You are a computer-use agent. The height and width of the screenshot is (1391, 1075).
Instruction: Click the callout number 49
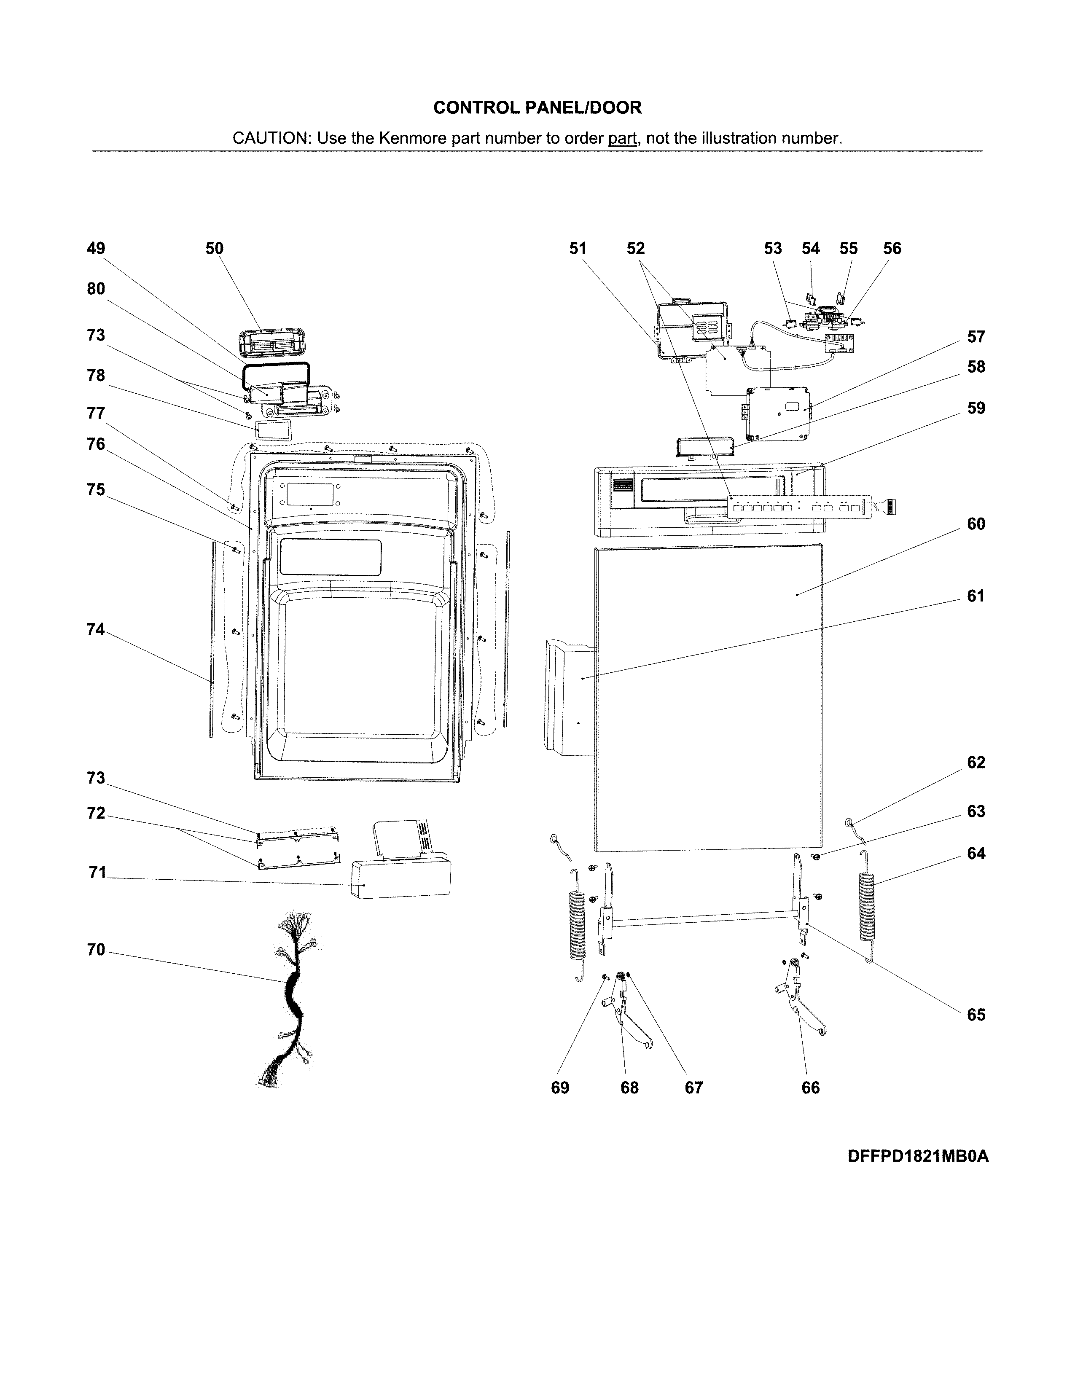pos(96,248)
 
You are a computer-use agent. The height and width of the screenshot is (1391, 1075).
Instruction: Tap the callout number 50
pos(214,248)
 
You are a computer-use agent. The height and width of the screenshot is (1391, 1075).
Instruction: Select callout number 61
pos(976,596)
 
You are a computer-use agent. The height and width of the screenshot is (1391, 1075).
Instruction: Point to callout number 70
pos(96,950)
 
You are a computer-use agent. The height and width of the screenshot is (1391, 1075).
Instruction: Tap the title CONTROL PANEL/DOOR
pos(537,107)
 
